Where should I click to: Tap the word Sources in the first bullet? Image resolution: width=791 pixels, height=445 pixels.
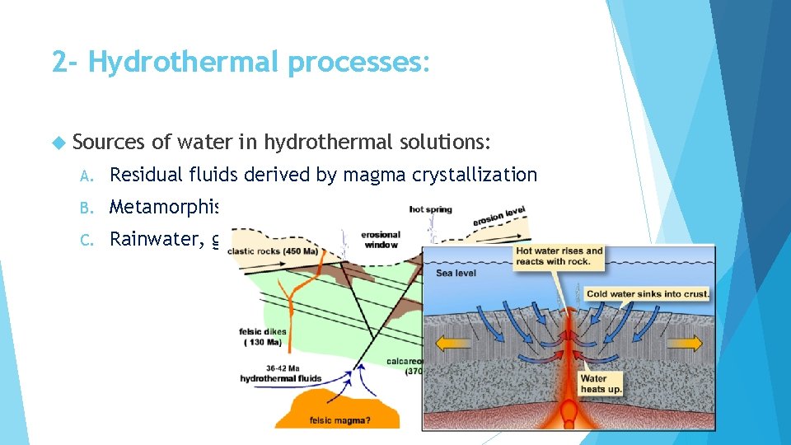click(110, 143)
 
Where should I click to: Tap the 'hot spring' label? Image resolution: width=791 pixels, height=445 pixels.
click(431, 209)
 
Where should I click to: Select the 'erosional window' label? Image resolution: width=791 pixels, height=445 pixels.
click(380, 240)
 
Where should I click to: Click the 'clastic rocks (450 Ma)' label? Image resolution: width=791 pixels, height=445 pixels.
click(274, 251)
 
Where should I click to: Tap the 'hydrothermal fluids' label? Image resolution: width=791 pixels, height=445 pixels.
click(280, 378)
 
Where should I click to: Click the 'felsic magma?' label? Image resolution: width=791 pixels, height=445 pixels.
click(339, 420)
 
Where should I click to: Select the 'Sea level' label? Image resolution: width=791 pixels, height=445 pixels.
click(456, 273)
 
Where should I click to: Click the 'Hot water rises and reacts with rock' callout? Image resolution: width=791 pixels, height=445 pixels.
click(559, 256)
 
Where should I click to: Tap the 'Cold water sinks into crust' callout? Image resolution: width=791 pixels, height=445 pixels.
click(648, 293)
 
